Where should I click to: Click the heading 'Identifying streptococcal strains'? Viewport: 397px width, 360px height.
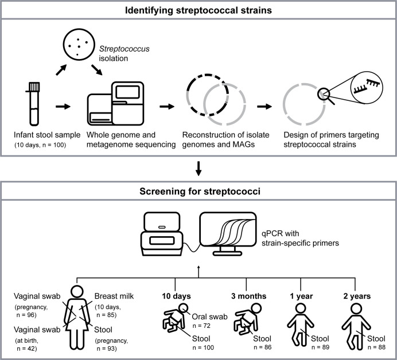[198, 10]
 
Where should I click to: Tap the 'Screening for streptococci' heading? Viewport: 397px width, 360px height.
[200, 191]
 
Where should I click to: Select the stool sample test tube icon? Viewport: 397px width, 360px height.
[34, 104]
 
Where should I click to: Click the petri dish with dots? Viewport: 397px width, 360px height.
[79, 44]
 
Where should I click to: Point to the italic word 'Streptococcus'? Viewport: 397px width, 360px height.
[124, 49]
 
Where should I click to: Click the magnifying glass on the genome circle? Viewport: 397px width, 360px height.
[326, 96]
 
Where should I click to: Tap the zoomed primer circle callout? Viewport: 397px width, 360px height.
[367, 88]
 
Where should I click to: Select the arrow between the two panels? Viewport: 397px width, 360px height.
[198, 168]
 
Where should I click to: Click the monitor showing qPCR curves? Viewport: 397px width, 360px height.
[228, 233]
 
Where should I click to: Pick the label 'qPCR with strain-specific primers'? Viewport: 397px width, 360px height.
[300, 238]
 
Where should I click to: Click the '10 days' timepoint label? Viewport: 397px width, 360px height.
[176, 296]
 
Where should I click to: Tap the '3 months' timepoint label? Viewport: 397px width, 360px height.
[248, 296]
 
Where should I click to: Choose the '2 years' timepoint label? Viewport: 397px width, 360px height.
[357, 296]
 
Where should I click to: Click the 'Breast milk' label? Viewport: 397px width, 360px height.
[114, 296]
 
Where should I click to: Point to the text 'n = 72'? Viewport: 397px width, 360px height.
[201, 326]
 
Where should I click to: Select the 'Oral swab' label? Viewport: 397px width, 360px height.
[209, 316]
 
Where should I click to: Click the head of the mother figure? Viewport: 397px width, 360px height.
[77, 292]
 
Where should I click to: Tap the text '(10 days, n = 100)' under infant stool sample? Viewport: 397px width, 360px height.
[40, 145]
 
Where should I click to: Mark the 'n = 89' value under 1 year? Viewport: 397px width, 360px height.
[320, 347]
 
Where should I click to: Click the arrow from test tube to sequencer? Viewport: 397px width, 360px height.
[63, 107]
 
